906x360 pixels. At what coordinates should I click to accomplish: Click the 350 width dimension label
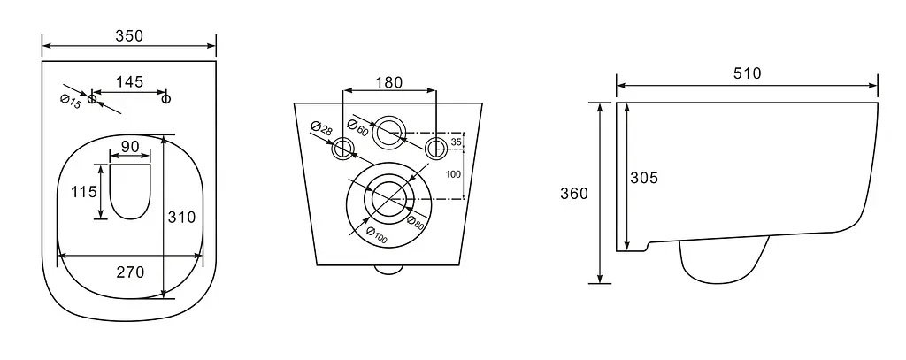129,36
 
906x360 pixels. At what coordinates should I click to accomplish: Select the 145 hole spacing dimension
129,81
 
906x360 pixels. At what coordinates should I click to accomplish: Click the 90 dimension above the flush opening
130,146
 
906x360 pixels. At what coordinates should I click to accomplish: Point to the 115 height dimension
84,192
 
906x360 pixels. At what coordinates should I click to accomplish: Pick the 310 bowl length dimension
181,218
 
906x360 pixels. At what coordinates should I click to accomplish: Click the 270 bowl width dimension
130,272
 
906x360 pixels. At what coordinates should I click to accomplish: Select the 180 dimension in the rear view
389,82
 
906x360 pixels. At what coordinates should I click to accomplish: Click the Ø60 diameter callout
357,127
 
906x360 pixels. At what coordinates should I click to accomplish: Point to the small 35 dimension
456,142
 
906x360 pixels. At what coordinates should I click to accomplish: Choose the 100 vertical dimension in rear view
454,174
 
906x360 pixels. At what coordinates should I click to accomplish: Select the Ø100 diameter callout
377,234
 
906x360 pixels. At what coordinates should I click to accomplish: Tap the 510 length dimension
747,73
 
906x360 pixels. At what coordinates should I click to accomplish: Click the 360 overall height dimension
573,193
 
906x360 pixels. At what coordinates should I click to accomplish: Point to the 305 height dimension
644,178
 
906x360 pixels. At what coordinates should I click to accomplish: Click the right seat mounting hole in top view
166,99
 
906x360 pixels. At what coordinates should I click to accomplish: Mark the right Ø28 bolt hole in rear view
435,149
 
